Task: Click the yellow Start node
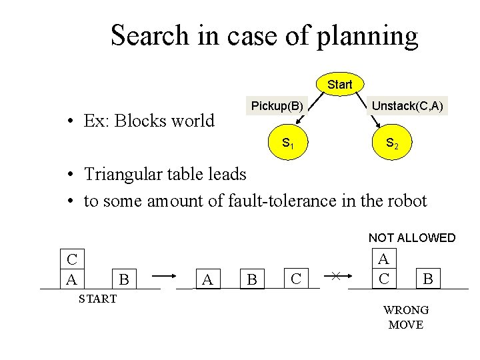click(x=339, y=85)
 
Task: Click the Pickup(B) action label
click(x=277, y=105)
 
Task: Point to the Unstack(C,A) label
click(x=407, y=105)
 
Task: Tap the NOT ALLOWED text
click(x=412, y=238)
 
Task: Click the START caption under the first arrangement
click(x=97, y=298)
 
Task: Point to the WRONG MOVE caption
click(x=405, y=317)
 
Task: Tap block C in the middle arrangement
click(x=297, y=277)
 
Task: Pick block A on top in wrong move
click(x=383, y=259)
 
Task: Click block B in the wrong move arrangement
click(x=428, y=278)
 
